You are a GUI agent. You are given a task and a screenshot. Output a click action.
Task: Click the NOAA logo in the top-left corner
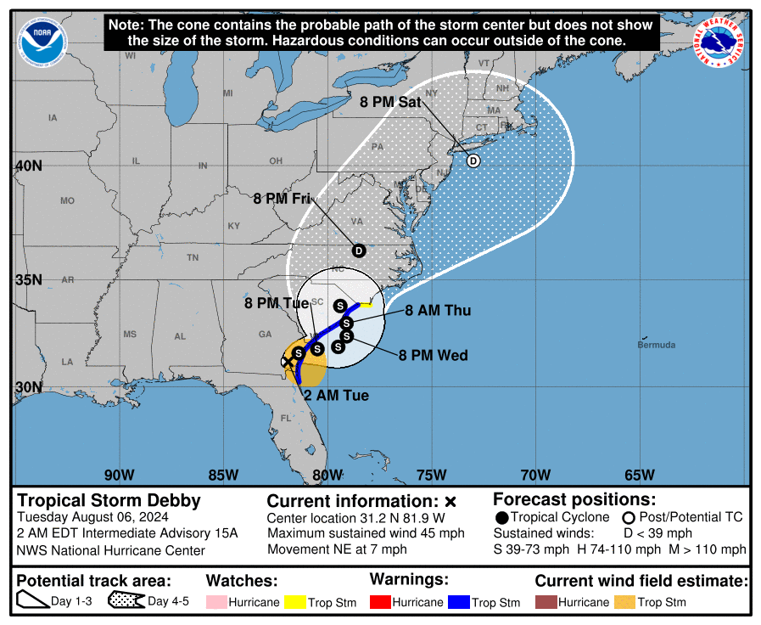[42, 42]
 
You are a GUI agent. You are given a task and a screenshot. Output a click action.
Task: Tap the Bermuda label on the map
[657, 345]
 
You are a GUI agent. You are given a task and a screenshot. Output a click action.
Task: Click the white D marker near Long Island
[473, 160]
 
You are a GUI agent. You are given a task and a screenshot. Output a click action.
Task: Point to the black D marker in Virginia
[359, 251]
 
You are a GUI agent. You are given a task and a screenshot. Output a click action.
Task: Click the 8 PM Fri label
[282, 199]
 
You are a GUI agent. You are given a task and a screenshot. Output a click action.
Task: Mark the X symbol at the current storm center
[288, 360]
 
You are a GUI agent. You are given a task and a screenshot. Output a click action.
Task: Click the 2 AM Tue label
[336, 395]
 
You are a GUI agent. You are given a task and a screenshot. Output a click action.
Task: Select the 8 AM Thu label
[437, 311]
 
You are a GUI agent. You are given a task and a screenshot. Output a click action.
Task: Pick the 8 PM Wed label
[434, 355]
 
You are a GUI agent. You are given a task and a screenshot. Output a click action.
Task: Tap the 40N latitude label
[27, 166]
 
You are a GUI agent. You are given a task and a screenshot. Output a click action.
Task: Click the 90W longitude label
[119, 474]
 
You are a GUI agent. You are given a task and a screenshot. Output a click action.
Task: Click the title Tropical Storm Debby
[109, 500]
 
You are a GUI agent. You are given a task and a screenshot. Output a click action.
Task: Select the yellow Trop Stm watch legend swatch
[295, 602]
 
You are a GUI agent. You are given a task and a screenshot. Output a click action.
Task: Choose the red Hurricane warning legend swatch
[381, 602]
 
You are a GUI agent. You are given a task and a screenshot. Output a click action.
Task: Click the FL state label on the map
[286, 418]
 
